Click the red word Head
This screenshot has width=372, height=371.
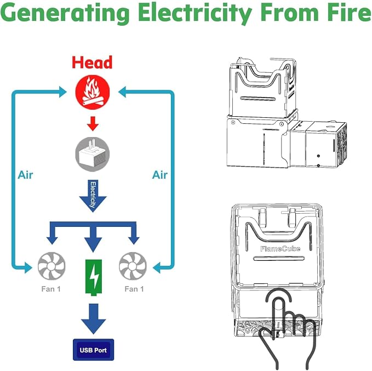coord(92,62)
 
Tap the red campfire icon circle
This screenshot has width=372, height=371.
coord(93,92)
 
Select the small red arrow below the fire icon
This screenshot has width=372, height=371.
coord(93,123)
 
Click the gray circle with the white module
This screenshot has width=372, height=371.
coord(93,155)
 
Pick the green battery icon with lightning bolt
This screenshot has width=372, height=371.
coord(94,277)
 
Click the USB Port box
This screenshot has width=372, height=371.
coord(94,350)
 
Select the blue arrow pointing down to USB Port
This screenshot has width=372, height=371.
coord(94,318)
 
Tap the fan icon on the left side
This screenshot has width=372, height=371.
coord(51,266)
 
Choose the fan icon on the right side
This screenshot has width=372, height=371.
coord(133,266)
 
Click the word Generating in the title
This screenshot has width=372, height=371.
coord(65,13)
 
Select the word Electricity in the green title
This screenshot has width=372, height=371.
coord(195,13)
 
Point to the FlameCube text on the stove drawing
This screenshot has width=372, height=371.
coord(280,248)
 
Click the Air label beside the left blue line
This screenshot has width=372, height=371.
coord(25,175)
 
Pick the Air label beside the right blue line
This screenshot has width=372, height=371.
coord(160,175)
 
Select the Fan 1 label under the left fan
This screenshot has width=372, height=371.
coord(51,289)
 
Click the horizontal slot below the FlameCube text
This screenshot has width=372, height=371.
coord(279,258)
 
